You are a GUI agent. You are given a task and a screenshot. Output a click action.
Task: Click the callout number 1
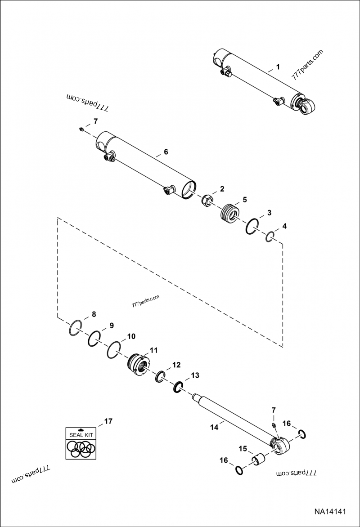tap(278, 67)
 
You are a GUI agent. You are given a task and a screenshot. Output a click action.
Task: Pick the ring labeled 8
tap(76, 328)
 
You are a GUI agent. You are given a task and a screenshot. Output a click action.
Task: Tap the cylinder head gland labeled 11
tap(138, 363)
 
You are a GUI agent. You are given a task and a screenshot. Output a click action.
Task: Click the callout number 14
tap(213, 428)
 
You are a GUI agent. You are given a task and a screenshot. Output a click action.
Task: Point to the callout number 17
tap(108, 421)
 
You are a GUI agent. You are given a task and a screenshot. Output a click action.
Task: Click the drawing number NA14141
tap(330, 512)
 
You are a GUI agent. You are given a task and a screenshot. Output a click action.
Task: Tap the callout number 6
tap(166, 152)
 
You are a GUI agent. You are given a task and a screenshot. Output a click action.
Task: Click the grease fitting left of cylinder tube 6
tap(80, 130)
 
